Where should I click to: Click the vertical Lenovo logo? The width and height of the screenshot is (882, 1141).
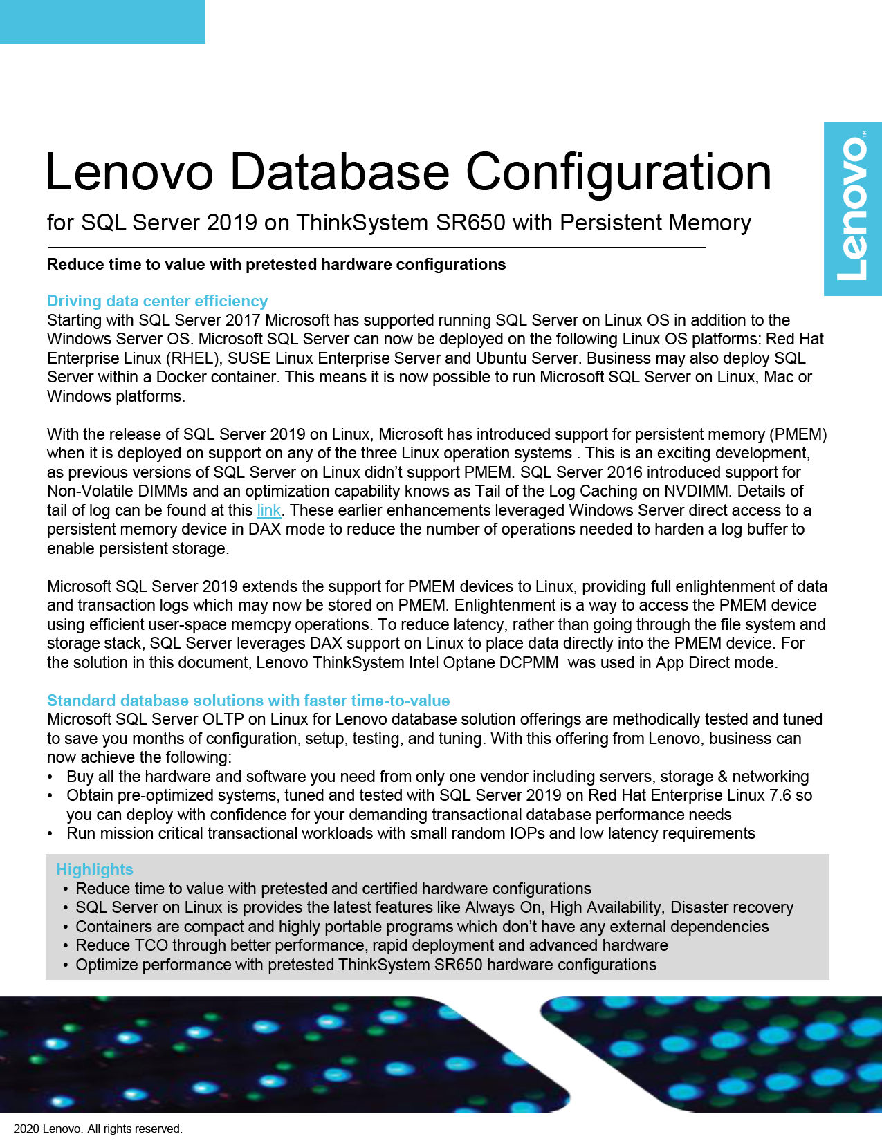pos(852,209)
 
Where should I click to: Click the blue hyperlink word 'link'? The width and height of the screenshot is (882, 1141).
pos(268,510)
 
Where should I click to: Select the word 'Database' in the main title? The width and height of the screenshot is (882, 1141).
pos(339,172)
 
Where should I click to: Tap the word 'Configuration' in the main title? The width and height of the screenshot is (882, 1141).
pos(618,172)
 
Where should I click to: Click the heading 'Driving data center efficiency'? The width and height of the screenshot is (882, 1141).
pos(157,301)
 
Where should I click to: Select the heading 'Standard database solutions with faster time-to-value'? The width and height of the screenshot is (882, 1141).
pos(248,701)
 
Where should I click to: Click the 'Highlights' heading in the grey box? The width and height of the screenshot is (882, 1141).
pos(95,869)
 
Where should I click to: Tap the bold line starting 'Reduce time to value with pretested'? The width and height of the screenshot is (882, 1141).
pos(276,264)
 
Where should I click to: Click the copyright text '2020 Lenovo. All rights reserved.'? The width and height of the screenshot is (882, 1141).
pos(98,1129)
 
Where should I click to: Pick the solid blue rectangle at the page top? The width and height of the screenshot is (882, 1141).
pos(102,21)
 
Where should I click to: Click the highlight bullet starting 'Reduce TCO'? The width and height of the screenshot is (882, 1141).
pos(371,945)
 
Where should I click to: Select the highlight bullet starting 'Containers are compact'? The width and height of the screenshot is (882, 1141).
pos(422,927)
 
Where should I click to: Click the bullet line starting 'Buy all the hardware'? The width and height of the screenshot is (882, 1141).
pos(437,777)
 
